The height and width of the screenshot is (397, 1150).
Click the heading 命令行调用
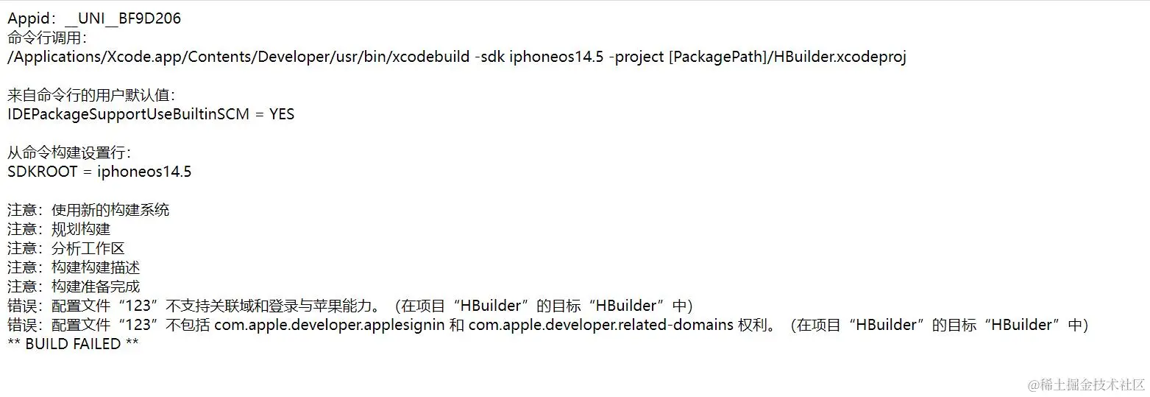tap(47, 38)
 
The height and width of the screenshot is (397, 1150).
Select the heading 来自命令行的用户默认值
tap(91, 95)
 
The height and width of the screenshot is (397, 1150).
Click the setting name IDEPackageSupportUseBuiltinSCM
tap(129, 114)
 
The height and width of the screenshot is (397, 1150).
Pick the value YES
tap(281, 114)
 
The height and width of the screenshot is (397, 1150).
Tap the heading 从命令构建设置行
tap(69, 152)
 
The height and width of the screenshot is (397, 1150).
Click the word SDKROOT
tap(42, 172)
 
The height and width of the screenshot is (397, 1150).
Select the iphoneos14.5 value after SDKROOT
tap(144, 172)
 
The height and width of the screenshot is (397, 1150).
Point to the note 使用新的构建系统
tap(110, 210)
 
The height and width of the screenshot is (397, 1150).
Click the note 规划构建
tap(81, 229)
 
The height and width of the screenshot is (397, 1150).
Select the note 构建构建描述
tap(96, 267)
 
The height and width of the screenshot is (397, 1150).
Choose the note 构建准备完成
tap(96, 287)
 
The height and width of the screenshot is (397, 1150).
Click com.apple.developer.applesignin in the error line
tap(329, 325)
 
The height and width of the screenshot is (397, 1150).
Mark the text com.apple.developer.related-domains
tap(600, 325)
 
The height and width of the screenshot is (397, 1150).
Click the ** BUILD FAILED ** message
tap(73, 344)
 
